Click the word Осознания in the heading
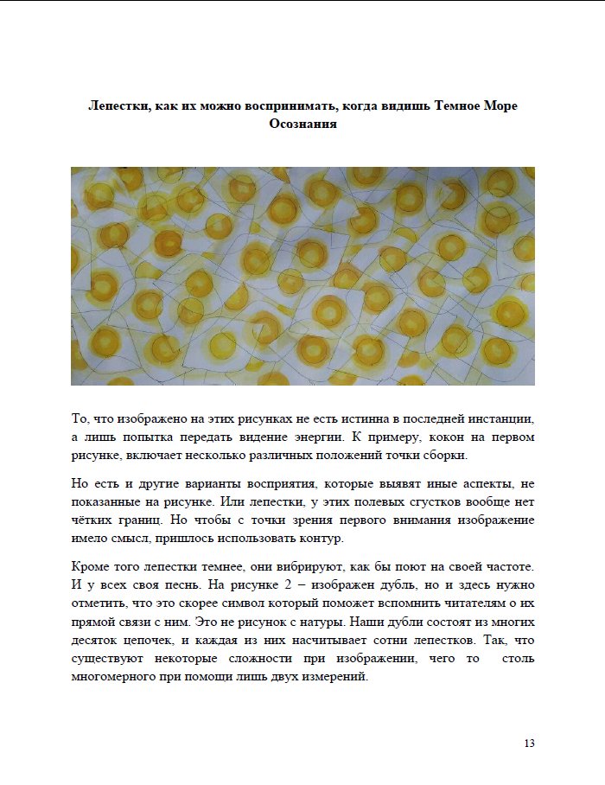coord(302,124)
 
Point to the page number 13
coord(530,744)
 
